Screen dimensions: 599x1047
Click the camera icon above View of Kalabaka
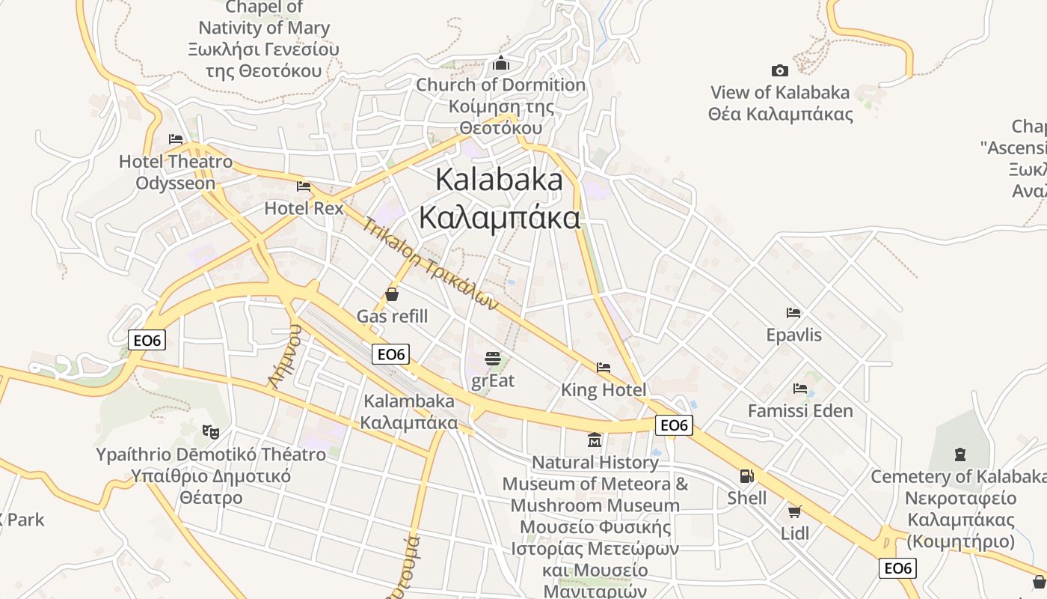pos(779,71)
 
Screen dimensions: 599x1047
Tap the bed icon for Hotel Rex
pos(304,186)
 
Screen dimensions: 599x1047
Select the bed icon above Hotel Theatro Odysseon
pos(176,139)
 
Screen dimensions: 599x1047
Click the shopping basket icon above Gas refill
pos(392,294)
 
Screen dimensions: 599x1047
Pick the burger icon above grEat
pos(492,359)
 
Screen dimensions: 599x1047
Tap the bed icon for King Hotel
pos(604,368)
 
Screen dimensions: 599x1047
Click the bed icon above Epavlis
pos(793,312)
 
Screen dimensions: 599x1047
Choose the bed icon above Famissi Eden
pos(800,389)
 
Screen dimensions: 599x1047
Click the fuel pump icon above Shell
pos(746,476)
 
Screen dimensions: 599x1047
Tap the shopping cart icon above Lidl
pos(794,512)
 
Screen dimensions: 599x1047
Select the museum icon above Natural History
pos(595,440)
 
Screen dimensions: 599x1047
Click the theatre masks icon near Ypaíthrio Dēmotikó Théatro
pos(211,432)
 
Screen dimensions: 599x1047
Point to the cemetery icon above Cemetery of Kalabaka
pos(960,454)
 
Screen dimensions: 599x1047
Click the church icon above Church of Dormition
pos(500,64)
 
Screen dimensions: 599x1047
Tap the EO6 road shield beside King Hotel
pos(674,425)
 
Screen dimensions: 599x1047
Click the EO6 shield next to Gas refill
pos(390,354)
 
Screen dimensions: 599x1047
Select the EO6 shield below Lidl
pos(897,568)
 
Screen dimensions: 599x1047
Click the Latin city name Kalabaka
pos(499,180)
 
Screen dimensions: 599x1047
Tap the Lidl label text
pos(795,534)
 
